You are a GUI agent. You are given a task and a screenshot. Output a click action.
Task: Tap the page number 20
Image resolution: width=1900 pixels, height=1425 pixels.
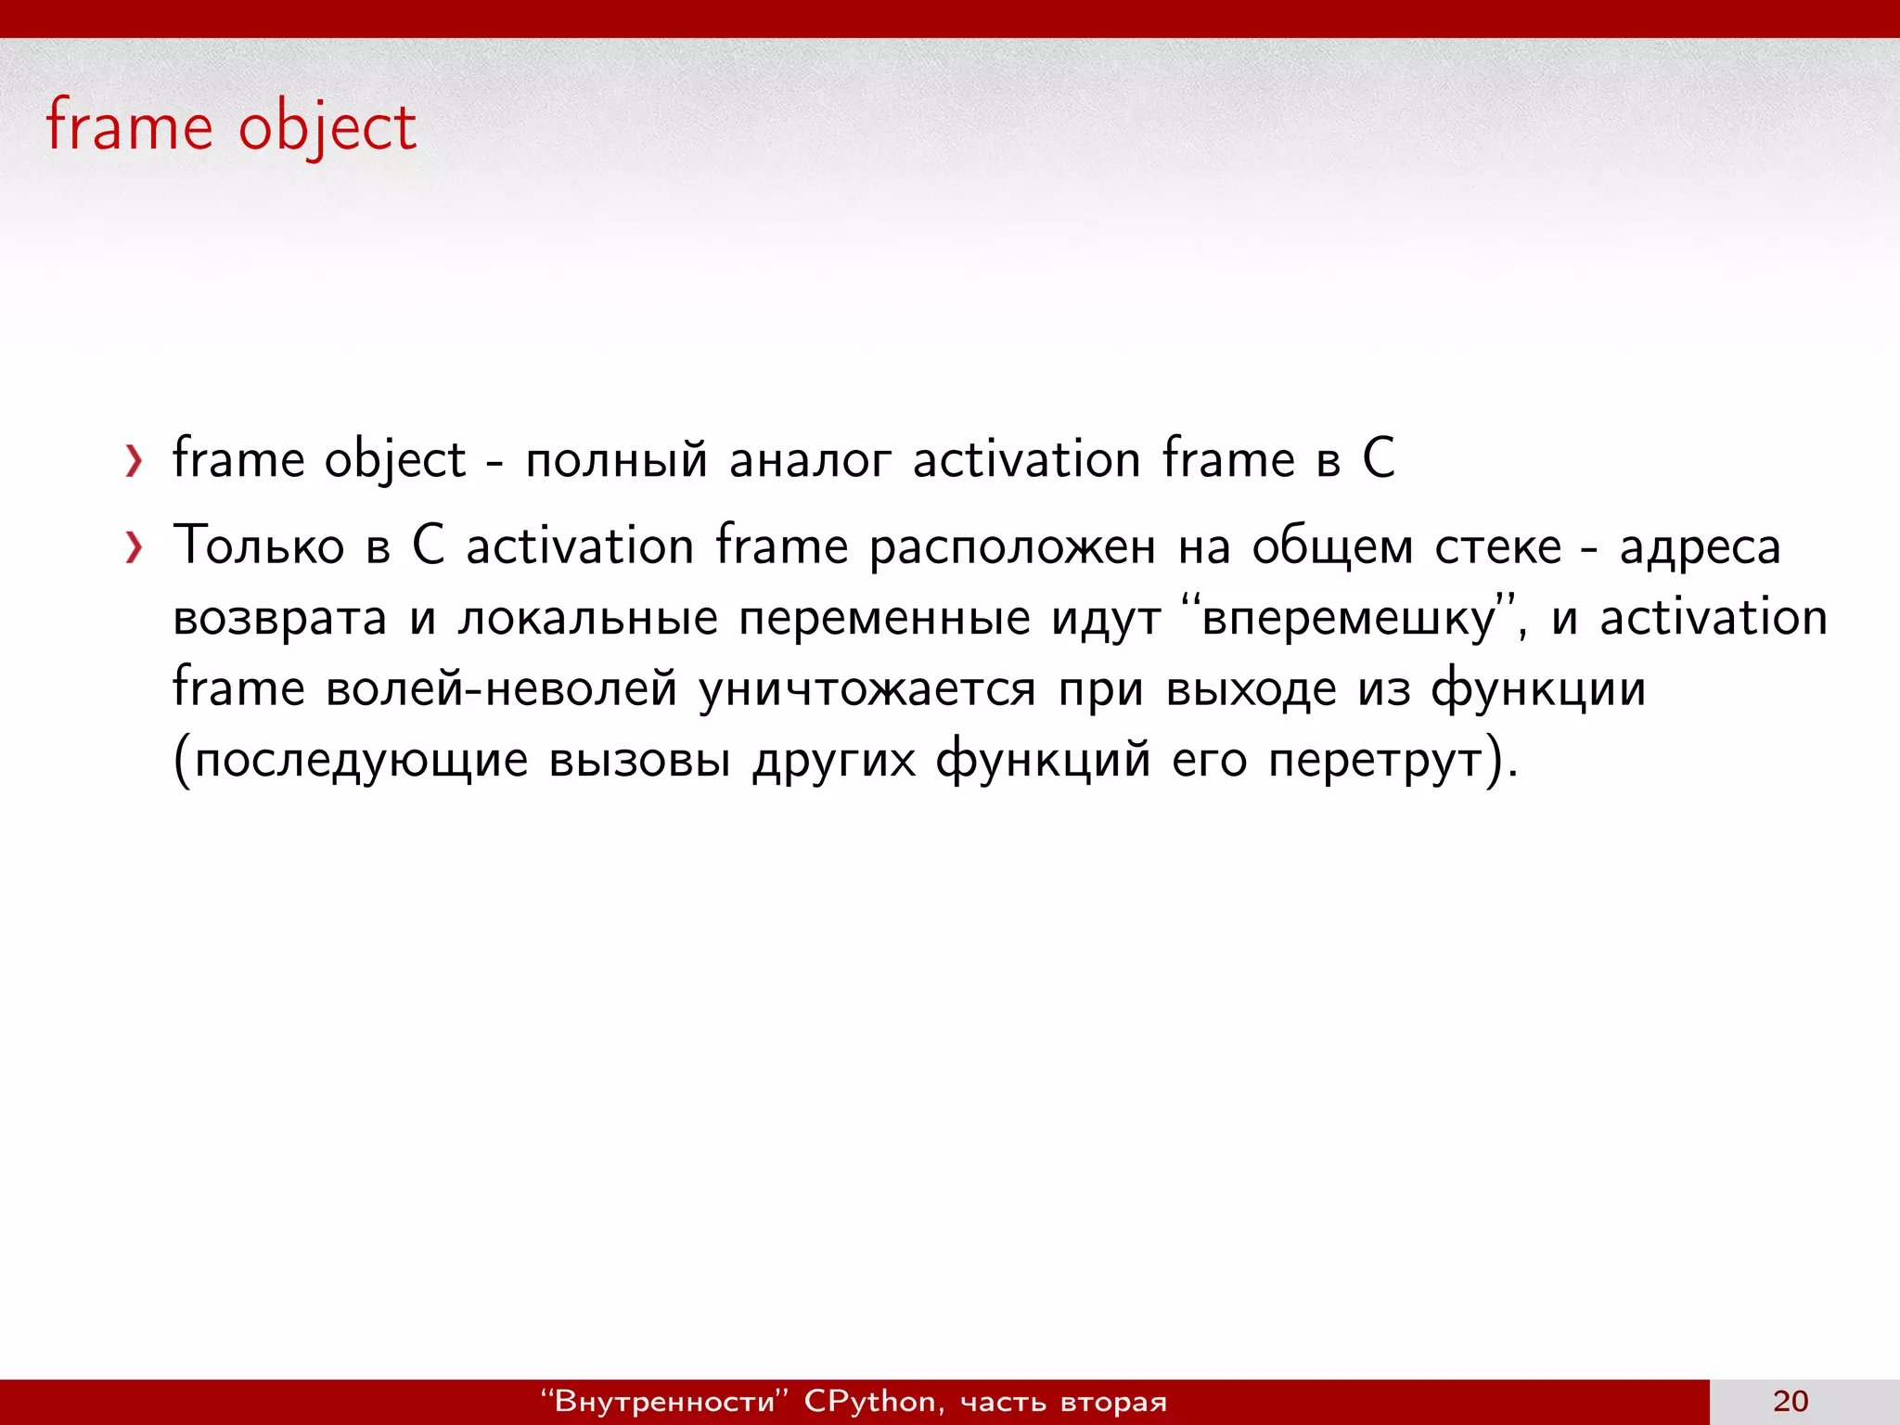tap(1790, 1401)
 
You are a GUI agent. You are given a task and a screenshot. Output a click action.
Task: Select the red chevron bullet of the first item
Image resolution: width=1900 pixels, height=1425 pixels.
tap(135, 461)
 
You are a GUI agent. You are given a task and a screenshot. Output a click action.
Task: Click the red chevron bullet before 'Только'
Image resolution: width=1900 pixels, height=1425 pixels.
tap(135, 547)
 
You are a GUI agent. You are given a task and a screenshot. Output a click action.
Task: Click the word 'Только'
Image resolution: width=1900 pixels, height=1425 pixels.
tap(259, 546)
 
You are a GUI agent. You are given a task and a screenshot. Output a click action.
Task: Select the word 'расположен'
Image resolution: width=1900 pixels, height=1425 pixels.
tap(1012, 547)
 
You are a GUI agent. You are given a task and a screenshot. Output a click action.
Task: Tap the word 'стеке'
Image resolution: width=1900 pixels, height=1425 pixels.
tap(1497, 547)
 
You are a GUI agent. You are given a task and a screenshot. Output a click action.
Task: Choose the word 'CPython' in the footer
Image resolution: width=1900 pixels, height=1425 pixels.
tap(869, 1402)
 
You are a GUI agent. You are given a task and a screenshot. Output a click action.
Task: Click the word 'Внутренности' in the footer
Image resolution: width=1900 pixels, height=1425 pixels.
tap(663, 1402)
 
